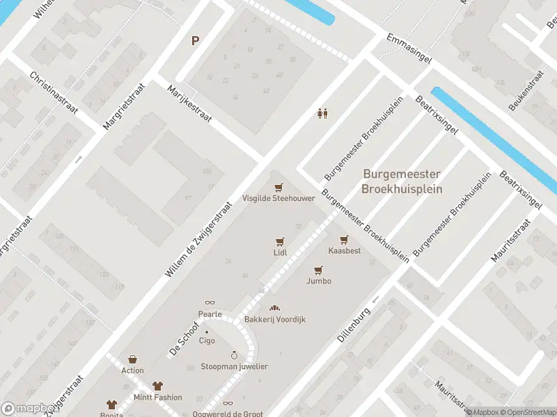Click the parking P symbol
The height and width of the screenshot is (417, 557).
(196, 40)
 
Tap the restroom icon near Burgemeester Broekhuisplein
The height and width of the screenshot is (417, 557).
(322, 113)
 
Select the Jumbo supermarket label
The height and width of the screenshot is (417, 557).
(318, 281)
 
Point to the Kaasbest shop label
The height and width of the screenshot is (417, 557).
(345, 250)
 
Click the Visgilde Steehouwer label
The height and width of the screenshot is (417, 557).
(278, 198)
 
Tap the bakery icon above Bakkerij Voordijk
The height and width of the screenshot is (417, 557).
(274, 308)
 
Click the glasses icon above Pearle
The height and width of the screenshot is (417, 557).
(210, 303)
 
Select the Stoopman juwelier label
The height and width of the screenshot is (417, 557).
(234, 366)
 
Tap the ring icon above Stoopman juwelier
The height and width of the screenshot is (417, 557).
(234, 355)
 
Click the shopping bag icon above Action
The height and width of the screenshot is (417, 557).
(132, 359)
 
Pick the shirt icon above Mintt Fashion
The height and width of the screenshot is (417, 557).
(157, 386)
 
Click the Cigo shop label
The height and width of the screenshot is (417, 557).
(207, 341)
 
